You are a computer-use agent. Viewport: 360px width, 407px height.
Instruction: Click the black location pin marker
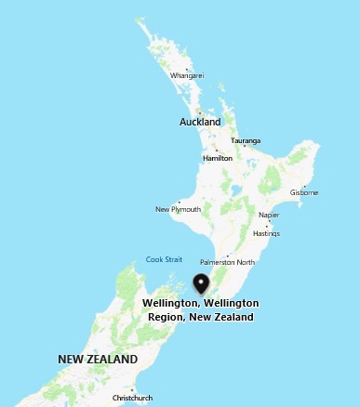[x=201, y=283]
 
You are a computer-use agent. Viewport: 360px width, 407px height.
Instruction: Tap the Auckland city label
[x=200, y=122]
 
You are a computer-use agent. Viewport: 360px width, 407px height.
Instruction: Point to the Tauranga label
[x=246, y=141]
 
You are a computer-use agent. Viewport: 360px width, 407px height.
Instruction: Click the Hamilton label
[x=217, y=158]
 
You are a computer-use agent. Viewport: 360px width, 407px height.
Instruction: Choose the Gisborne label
[x=303, y=192]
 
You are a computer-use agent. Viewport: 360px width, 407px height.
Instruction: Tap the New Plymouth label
[x=177, y=209]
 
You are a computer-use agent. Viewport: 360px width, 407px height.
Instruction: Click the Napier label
[x=269, y=215]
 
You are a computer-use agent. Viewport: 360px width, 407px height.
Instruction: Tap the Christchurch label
[x=132, y=398]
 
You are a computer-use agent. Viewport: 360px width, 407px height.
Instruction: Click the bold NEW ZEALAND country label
[x=98, y=359]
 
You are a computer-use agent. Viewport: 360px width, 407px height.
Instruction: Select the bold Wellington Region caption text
[x=200, y=310]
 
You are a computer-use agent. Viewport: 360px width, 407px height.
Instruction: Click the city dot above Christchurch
[x=132, y=390]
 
